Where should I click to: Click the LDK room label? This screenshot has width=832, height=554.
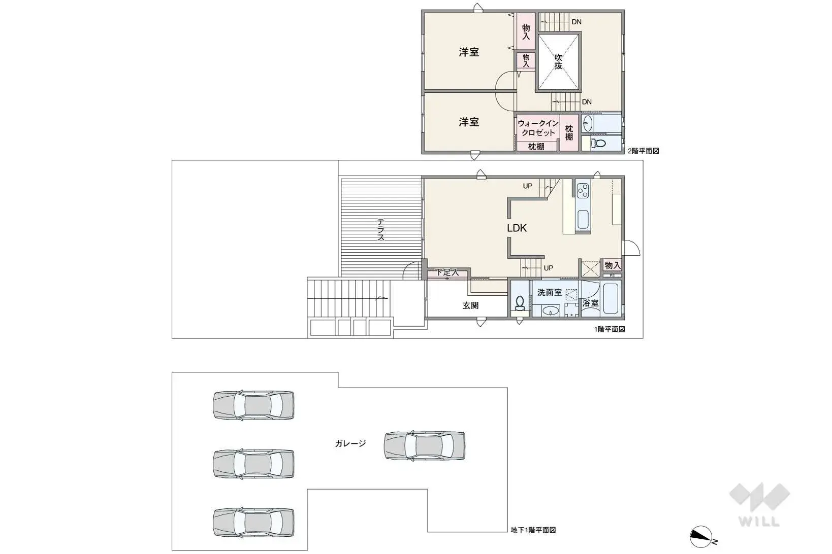(517, 228)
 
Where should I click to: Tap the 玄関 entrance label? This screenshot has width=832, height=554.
(470, 305)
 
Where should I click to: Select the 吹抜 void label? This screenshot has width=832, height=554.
(558, 62)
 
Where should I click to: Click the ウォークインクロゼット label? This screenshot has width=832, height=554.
(538, 128)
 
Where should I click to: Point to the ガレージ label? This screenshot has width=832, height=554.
(350, 443)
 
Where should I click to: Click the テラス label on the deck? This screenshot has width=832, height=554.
(380, 229)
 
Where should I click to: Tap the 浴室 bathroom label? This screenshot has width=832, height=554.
(590, 303)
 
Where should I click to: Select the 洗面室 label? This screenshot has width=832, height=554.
(550, 293)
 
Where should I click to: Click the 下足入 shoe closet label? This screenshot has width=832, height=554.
(447, 273)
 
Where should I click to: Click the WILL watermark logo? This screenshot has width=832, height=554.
(759, 504)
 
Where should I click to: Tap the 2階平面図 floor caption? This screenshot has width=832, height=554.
(643, 151)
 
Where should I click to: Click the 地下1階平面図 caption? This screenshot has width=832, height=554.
(533, 530)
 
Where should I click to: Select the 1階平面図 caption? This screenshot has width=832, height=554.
(610, 329)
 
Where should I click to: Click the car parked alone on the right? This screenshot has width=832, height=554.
(424, 446)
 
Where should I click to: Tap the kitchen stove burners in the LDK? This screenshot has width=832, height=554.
(583, 191)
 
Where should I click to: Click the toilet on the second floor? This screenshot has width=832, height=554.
(599, 144)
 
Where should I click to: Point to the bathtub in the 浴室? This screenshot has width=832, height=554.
(610, 299)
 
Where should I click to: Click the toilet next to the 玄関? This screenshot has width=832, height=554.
(520, 303)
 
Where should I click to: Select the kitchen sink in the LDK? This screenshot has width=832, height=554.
(583, 219)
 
